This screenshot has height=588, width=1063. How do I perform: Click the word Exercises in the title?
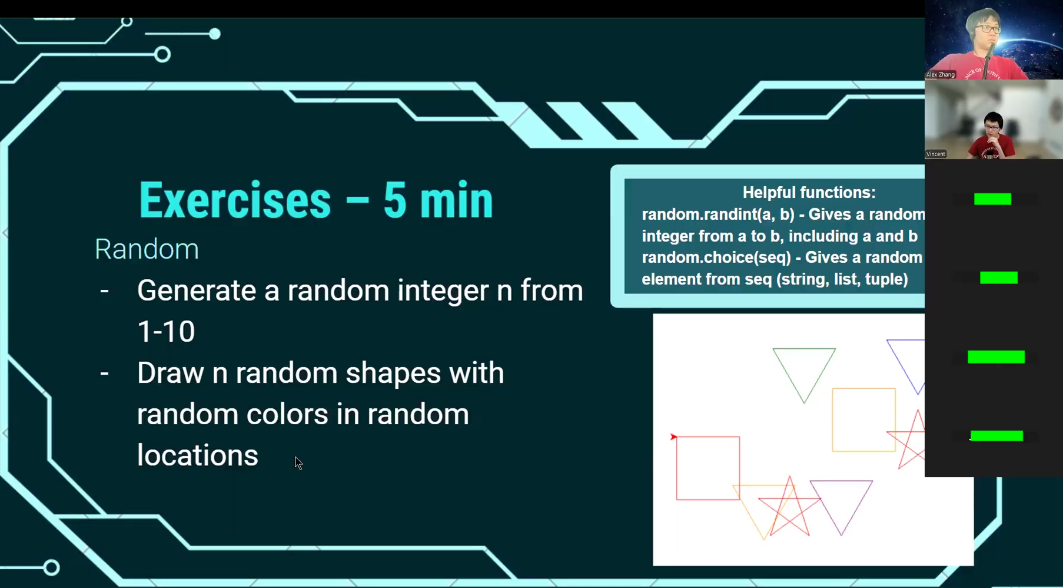pyautogui.click(x=235, y=200)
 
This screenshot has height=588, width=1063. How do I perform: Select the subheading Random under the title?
pyautogui.click(x=147, y=249)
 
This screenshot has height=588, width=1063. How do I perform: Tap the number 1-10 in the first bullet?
pyautogui.click(x=166, y=331)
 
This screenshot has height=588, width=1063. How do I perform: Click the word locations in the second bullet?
pyautogui.click(x=198, y=455)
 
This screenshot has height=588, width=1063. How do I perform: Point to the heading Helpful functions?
pyautogui.click(x=809, y=193)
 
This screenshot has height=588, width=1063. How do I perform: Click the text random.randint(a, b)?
pyautogui.click(x=718, y=214)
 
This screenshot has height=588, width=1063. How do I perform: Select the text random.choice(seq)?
pyautogui.click(x=716, y=257)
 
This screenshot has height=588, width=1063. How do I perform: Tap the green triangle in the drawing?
pyautogui.click(x=804, y=349)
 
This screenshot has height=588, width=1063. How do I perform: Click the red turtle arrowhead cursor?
pyautogui.click(x=673, y=437)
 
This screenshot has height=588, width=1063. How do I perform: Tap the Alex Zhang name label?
pyautogui.click(x=941, y=75)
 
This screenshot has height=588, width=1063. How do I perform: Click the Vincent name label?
pyautogui.click(x=936, y=154)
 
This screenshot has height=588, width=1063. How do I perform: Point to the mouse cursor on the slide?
pyautogui.click(x=298, y=463)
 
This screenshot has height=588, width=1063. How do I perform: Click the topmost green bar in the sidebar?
pyautogui.click(x=992, y=199)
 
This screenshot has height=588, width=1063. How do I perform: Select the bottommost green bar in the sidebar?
pyautogui.click(x=996, y=436)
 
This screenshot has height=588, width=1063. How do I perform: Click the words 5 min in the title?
pyautogui.click(x=438, y=200)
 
